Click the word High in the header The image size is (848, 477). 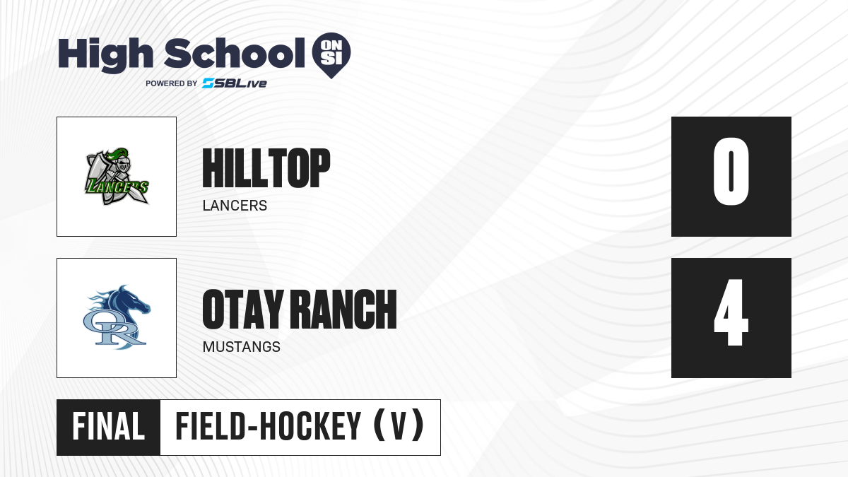point(106,55)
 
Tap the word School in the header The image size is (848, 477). point(235,53)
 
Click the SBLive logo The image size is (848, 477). point(235,83)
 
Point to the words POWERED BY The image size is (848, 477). point(172,83)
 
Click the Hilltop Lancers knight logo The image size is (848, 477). point(117,177)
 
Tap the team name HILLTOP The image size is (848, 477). point(266,167)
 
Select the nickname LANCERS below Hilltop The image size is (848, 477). point(235,206)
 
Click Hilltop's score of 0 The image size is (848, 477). point(731,172)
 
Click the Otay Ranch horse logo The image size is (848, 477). point(117,317)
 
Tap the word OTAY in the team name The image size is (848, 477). point(242,310)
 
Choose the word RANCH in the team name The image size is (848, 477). point(346,310)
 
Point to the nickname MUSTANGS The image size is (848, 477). point(242,347)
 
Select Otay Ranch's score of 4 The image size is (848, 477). point(731,312)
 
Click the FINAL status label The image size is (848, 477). point(109,427)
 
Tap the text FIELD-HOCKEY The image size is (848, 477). point(268,426)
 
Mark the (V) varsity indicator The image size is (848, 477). point(399,426)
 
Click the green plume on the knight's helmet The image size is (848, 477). point(117,154)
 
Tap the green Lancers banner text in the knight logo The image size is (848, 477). point(117,187)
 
